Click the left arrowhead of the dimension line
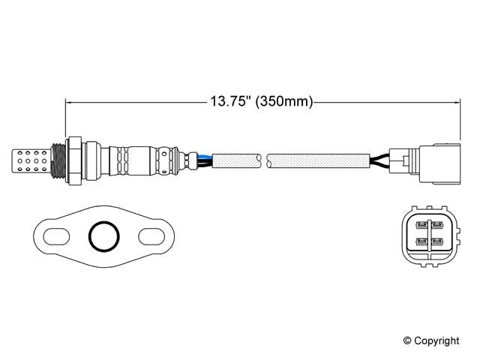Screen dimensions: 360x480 pos(70,101)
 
